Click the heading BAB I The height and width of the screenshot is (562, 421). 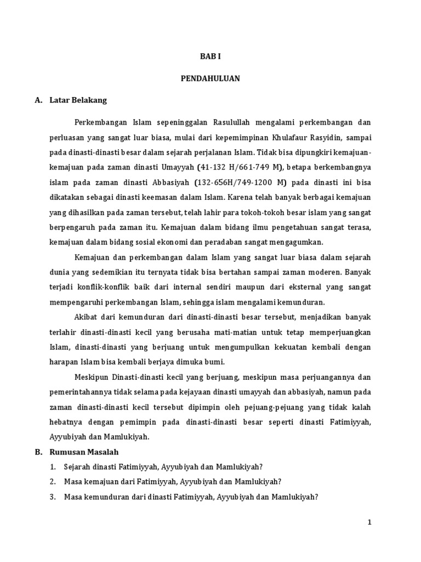pyautogui.click(x=210, y=57)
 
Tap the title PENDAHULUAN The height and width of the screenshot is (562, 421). pyautogui.click(x=210, y=78)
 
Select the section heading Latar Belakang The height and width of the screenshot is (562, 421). pyautogui.click(x=78, y=100)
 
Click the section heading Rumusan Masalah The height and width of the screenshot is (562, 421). pyautogui.click(x=84, y=452)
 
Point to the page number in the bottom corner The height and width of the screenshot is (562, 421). pyautogui.click(x=369, y=522)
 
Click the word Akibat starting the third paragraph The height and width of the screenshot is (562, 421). pyautogui.click(x=84, y=316)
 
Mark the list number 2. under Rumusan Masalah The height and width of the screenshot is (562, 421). pyautogui.click(x=53, y=481)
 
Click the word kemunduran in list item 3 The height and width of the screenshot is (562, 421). pyautogui.click(x=107, y=497)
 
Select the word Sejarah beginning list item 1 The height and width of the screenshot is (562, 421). pyautogui.click(x=77, y=467)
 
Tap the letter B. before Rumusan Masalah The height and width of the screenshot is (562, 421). pyautogui.click(x=38, y=452)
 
